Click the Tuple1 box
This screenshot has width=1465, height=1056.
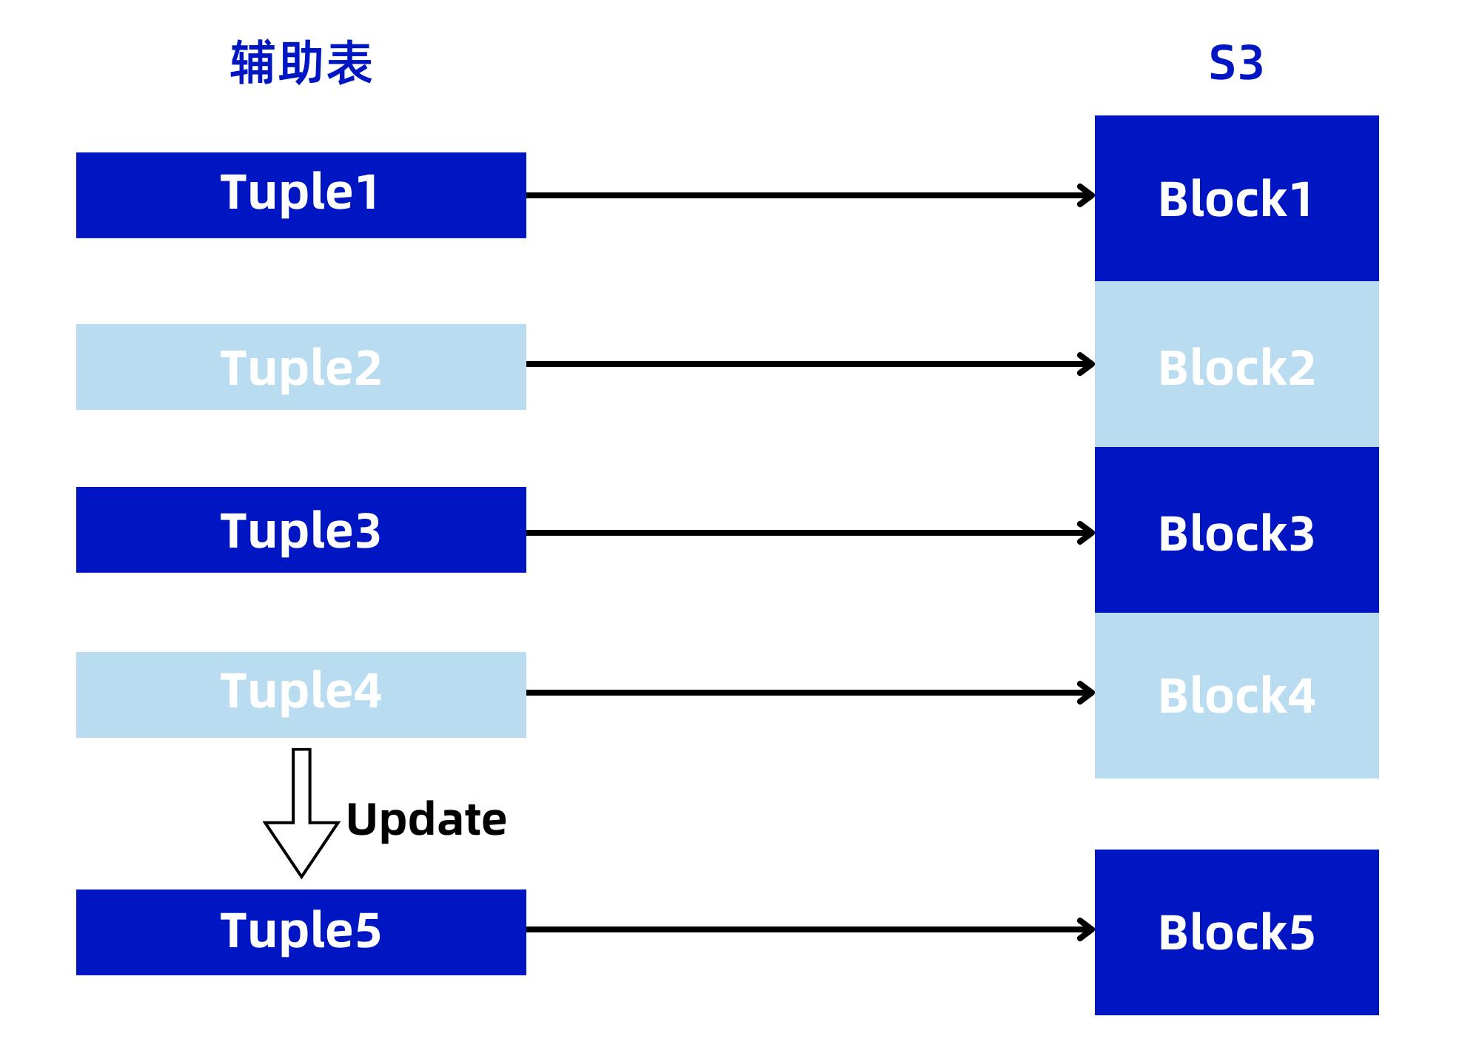(301, 195)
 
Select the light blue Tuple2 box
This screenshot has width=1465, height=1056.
(301, 366)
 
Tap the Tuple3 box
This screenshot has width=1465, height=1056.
(301, 529)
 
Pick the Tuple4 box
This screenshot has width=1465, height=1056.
(301, 694)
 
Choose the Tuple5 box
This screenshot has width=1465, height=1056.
(301, 932)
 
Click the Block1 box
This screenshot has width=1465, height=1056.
(1236, 198)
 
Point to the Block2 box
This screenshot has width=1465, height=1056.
(1236, 364)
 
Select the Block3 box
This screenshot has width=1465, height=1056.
(1236, 530)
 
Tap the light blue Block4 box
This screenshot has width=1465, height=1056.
(1236, 696)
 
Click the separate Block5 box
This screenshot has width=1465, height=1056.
(1236, 932)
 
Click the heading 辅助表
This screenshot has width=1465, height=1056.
(301, 64)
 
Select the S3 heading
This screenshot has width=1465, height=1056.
(1236, 64)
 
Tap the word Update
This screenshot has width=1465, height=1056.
(426, 820)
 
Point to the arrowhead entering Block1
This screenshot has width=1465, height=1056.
(1087, 195)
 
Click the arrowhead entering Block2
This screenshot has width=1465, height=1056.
(1087, 364)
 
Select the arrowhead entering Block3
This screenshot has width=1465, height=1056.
(1087, 533)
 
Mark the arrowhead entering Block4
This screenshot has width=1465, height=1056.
(1087, 693)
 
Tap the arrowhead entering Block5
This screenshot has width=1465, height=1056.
(1087, 929)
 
